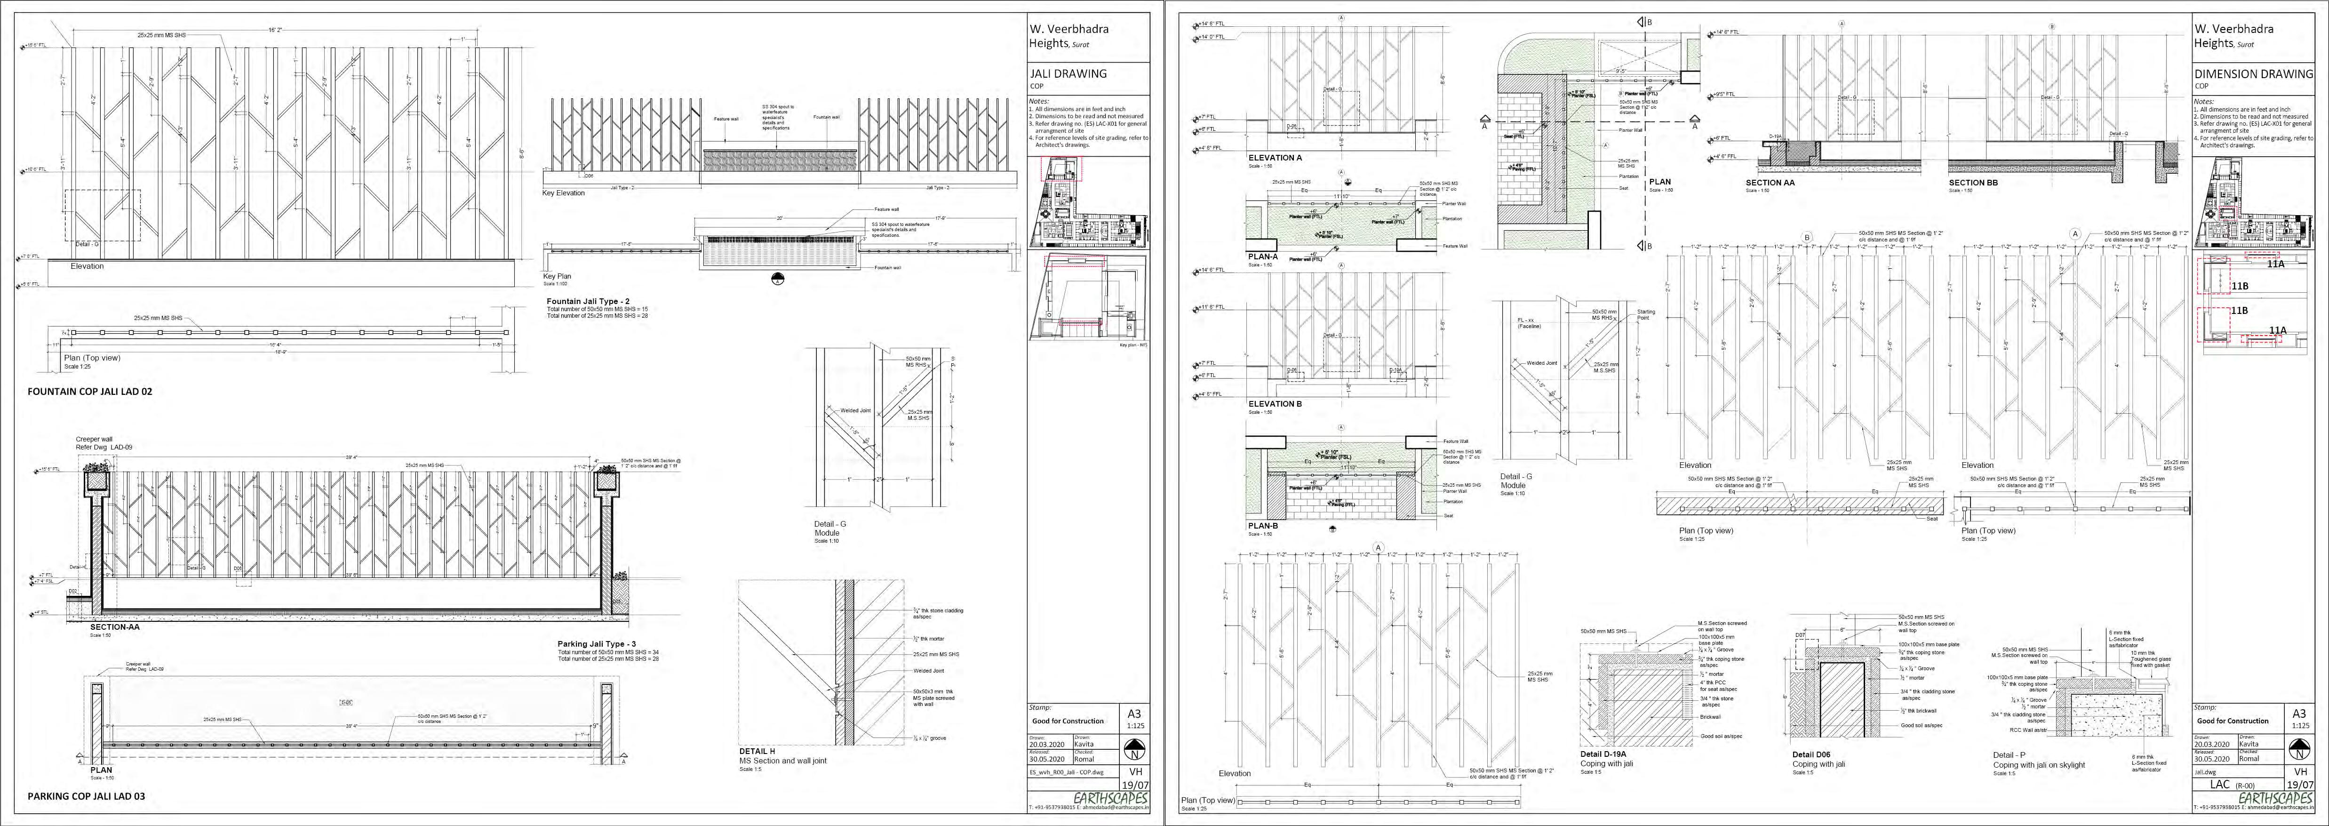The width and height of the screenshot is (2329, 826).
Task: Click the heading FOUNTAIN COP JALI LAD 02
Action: point(89,392)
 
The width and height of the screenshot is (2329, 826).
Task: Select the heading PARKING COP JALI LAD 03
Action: point(86,796)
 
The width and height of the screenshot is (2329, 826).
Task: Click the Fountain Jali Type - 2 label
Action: point(588,301)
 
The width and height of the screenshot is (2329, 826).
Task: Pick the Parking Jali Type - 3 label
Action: point(597,644)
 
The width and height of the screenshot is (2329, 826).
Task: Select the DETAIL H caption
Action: point(757,751)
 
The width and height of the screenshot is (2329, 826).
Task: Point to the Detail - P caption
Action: point(2009,754)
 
